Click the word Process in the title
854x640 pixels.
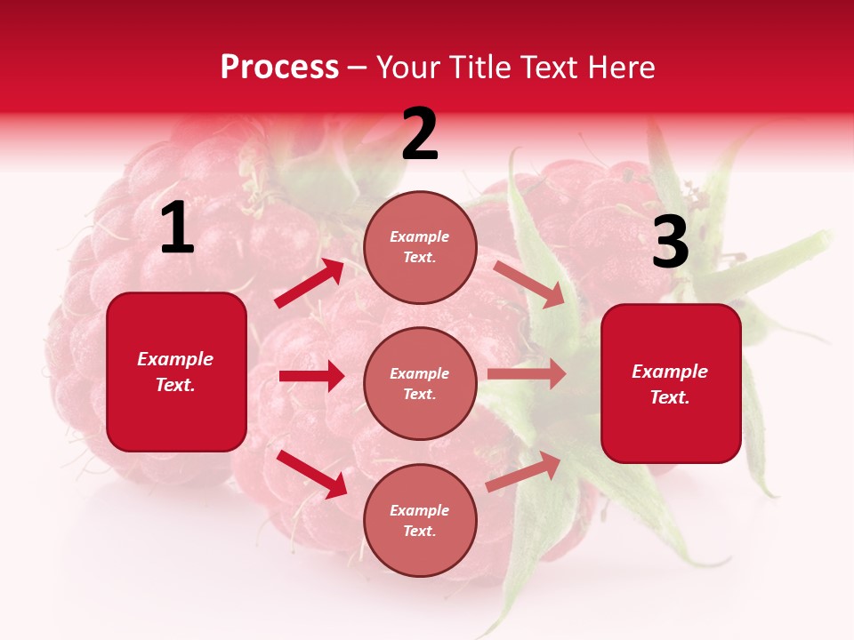pyautogui.click(x=279, y=68)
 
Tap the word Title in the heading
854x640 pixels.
pyautogui.click(x=481, y=68)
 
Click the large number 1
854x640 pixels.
pyautogui.click(x=177, y=228)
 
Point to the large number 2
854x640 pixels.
pyautogui.click(x=420, y=134)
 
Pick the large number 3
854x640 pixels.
pyautogui.click(x=671, y=243)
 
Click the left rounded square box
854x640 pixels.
pyautogui.click(x=176, y=372)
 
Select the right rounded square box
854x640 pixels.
pyautogui.click(x=671, y=383)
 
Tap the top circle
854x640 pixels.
pyautogui.click(x=420, y=246)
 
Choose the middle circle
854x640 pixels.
pyautogui.click(x=420, y=383)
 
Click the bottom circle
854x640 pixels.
pyautogui.click(x=420, y=520)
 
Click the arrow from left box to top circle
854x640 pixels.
pyautogui.click(x=310, y=284)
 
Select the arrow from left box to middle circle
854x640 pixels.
pyautogui.click(x=311, y=376)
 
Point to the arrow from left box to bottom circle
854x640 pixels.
pyautogui.click(x=311, y=474)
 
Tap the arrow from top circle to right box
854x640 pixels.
pyautogui.click(x=529, y=284)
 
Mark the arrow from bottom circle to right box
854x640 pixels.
pyautogui.click(x=524, y=471)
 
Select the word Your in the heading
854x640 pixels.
pyautogui.click(x=408, y=68)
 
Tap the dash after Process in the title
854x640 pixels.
pyautogui.click(x=358, y=68)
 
